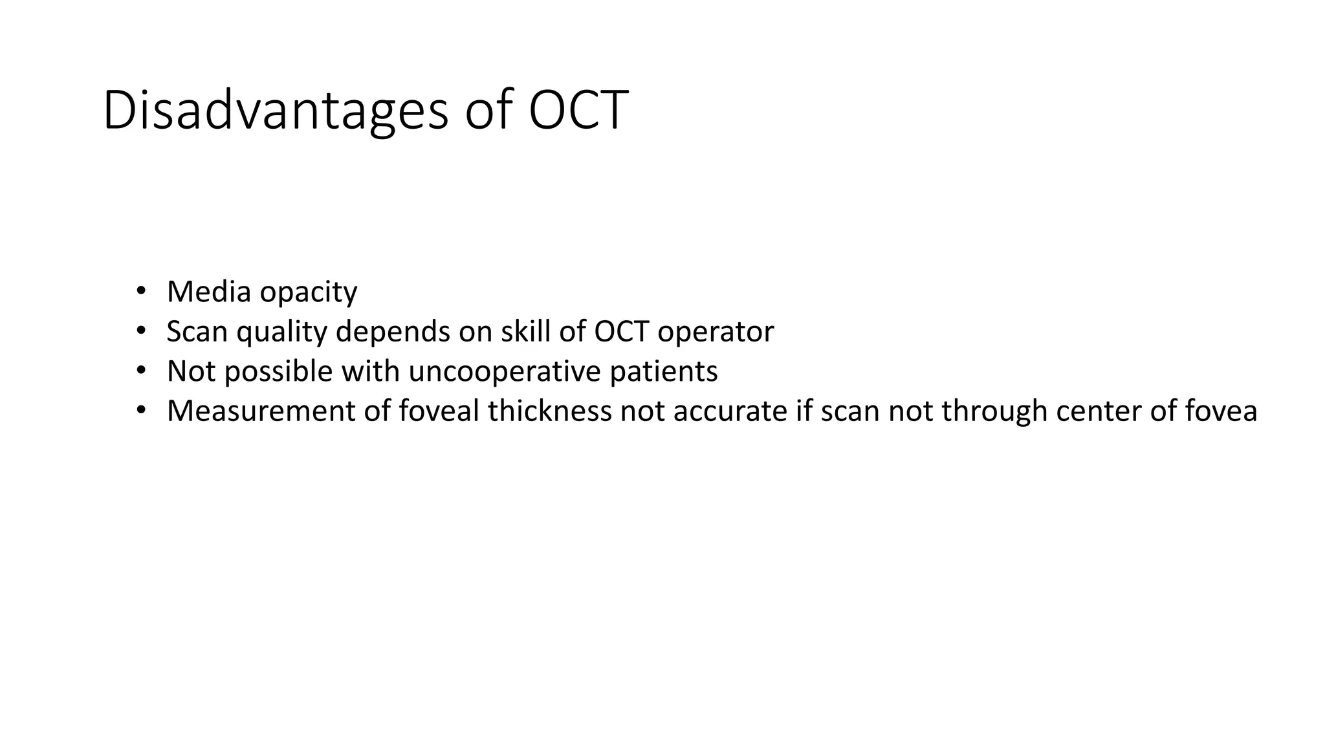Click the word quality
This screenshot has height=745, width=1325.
[x=282, y=332]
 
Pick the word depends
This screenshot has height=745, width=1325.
[x=393, y=332]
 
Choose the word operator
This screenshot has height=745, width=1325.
[x=716, y=332]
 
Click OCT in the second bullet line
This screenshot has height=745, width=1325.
[x=622, y=331]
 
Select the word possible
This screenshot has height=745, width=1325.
[x=278, y=372]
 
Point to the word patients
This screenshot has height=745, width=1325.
[x=664, y=372]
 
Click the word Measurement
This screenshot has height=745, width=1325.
[x=261, y=411]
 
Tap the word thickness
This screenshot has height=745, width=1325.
[x=549, y=411]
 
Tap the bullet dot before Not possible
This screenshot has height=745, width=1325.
[x=141, y=371]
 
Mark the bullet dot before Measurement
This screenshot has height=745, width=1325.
[x=141, y=411]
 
